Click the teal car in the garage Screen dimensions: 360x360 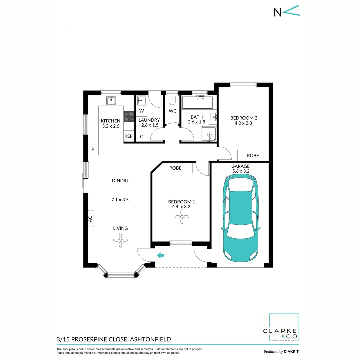tap(240, 218)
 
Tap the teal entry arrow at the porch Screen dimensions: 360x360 tap(161, 256)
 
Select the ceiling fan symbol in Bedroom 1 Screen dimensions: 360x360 tap(182, 219)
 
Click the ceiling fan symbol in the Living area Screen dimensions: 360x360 tap(120, 240)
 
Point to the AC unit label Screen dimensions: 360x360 tap(90, 219)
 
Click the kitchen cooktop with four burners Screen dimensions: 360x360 tap(129, 117)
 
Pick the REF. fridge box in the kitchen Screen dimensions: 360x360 tap(129, 136)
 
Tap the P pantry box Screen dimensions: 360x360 tap(93, 149)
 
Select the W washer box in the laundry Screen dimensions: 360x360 tap(141, 111)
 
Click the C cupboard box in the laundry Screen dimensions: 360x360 tap(141, 136)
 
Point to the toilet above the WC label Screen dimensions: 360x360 tap(172, 100)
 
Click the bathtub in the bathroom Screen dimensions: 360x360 tap(197, 102)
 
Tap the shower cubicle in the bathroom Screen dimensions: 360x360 tap(209, 134)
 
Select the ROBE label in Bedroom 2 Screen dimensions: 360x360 tap(253, 156)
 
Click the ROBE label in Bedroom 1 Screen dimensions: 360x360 tap(175, 168)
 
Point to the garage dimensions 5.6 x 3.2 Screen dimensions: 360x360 tap(240, 171)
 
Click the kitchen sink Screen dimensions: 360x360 tap(111, 100)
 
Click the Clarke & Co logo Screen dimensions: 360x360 tap(284, 328)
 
